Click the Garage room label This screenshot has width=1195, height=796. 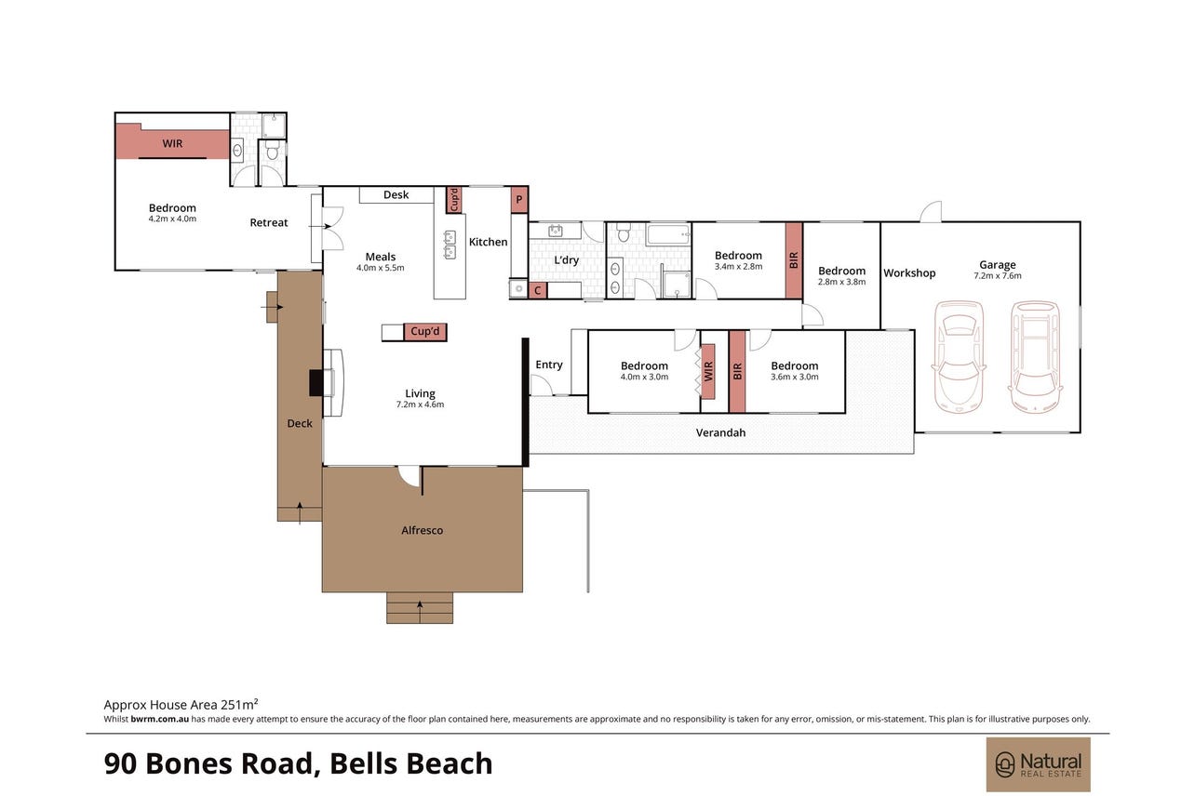coord(997,264)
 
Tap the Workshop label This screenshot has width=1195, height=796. coord(909,273)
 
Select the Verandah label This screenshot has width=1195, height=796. coord(720,432)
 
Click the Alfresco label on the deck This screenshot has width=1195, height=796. coord(422,530)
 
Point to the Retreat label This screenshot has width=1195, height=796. coord(268,222)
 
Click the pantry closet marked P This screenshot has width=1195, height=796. coord(519,200)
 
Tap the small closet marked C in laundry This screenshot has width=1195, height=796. coord(538,290)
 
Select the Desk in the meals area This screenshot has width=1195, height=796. coord(396,195)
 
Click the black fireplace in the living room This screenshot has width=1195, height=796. coord(316,383)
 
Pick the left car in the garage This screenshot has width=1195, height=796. coord(959,357)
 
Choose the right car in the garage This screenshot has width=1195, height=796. coord(1034,357)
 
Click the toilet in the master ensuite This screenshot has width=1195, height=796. coord(272,151)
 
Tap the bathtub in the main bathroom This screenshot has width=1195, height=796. coord(668,234)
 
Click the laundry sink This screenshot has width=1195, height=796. coord(556,231)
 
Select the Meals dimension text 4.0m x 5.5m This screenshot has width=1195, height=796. coord(381,268)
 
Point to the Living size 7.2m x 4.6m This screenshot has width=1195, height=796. coord(420,405)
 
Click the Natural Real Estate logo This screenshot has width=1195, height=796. coord(1038,764)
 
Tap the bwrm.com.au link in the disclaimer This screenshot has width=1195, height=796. coord(159,719)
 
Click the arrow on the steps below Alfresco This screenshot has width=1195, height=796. coord(420,612)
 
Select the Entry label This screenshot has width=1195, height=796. coord(549,365)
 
